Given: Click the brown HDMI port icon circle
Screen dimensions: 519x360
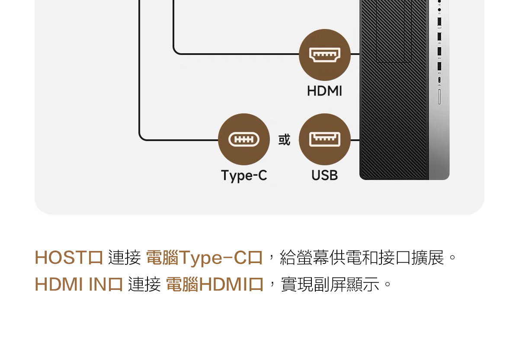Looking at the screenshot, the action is pos(324,55).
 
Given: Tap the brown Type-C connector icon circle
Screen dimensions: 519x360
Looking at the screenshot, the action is pos(244,139).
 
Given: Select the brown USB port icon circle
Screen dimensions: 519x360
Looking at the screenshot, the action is pos(324,139).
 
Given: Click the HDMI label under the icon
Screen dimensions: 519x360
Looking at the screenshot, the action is pos(324,91).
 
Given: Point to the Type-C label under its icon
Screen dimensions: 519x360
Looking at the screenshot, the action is pos(244,175).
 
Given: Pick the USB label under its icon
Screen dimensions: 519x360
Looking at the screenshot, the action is pos(324,175).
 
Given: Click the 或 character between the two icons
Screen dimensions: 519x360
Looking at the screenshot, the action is pos(284,140).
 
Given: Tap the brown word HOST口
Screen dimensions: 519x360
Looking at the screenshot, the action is pos(69,257).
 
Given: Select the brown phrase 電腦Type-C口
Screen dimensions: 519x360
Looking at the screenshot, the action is pos(205,257).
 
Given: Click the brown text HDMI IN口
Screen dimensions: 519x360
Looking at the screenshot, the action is pos(79,285).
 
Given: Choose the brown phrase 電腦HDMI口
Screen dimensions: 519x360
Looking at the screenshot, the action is pos(215,285).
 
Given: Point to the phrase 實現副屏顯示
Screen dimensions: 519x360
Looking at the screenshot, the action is pos(331,285).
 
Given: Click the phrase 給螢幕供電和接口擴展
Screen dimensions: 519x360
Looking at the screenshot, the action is pos(362,257).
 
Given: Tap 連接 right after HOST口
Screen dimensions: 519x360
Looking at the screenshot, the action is pos(125,257).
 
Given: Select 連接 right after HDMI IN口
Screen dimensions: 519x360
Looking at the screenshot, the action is pos(144,285).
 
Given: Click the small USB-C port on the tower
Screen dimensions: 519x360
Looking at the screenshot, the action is pos(439,80).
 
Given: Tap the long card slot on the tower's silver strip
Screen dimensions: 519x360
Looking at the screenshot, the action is pos(439,97).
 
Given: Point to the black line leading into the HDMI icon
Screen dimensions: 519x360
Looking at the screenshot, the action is pos(238,55).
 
